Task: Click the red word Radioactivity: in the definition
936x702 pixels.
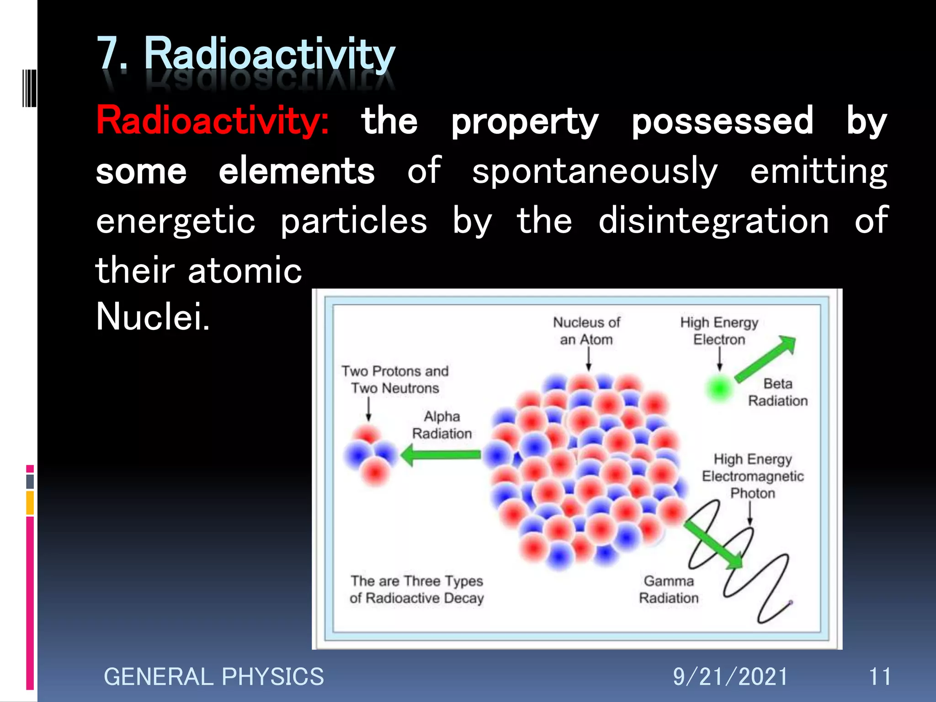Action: (x=212, y=121)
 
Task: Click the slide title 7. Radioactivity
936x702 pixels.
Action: (x=246, y=55)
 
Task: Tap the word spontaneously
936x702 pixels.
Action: (x=595, y=171)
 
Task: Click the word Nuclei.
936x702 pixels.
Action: (x=153, y=316)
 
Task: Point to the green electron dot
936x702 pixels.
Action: (x=719, y=388)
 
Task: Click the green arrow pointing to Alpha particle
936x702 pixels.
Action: (x=441, y=455)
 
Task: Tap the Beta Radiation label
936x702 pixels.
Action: (x=777, y=392)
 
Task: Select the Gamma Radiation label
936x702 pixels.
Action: (x=669, y=590)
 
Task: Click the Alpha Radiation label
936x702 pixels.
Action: (x=441, y=425)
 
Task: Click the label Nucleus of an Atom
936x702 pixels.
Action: (x=586, y=331)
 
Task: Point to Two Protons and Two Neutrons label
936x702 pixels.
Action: (x=395, y=379)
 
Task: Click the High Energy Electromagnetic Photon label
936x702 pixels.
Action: (x=752, y=476)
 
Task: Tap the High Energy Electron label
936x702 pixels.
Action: (x=719, y=331)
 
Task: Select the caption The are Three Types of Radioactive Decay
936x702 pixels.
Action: (x=416, y=590)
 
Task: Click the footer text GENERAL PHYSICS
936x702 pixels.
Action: (x=213, y=677)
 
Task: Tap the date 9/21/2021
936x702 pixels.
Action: (x=730, y=677)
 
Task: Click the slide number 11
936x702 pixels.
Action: (x=879, y=677)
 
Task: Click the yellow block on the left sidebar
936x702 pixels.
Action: (x=30, y=503)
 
